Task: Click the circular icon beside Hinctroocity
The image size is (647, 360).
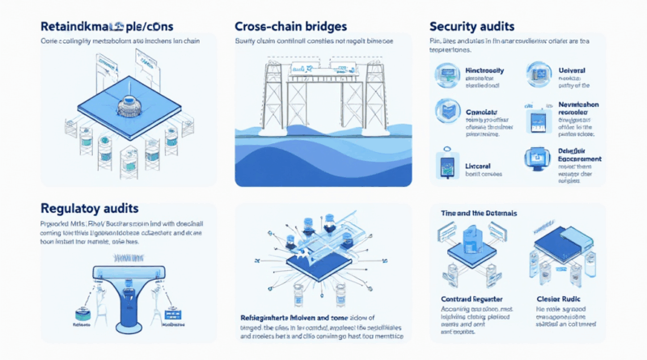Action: coord(447,76)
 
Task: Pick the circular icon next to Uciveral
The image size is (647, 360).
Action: coord(539,76)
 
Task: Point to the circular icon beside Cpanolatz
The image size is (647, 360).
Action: coord(447,111)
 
